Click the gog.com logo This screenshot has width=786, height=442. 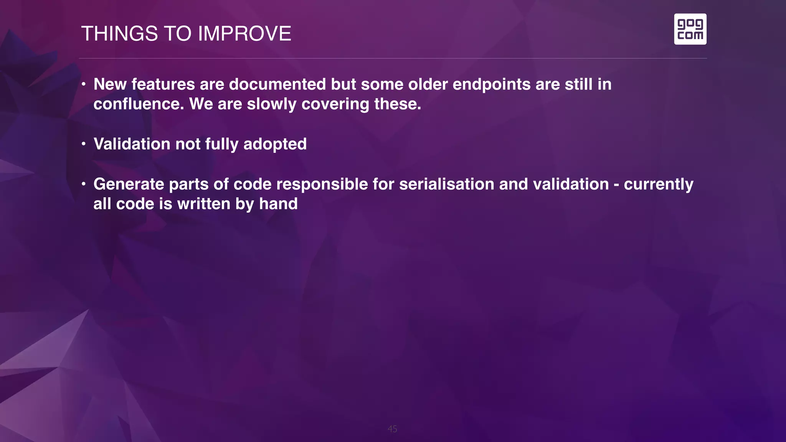coord(690,29)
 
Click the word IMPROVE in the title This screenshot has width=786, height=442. coord(244,34)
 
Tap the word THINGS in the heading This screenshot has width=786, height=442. coord(119,34)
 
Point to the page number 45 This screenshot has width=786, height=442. coord(392,429)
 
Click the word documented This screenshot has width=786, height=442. coord(277,84)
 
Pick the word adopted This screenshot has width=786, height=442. coord(275,144)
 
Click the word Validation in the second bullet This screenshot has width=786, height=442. coord(132,144)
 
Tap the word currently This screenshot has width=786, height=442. coord(658,184)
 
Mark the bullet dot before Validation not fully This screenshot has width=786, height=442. coord(83,144)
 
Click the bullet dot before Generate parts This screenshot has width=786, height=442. coord(83,184)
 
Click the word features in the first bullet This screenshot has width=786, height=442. coord(163,84)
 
